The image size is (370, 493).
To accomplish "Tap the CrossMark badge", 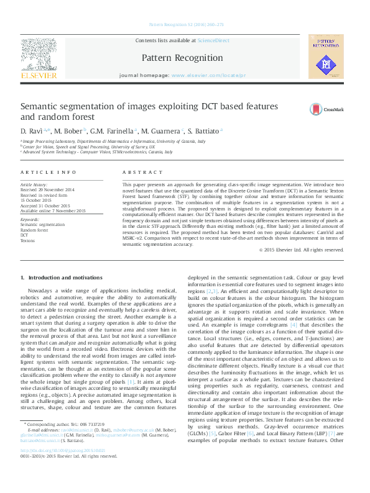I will (x=326, y=109).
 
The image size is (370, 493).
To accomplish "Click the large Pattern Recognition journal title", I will (x=182, y=58).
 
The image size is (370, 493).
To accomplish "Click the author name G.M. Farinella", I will (x=113, y=132).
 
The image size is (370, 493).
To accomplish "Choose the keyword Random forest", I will (x=35, y=229).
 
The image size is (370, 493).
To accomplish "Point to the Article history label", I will (x=34, y=184).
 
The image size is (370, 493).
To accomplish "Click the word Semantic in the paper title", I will (x=42, y=106).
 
